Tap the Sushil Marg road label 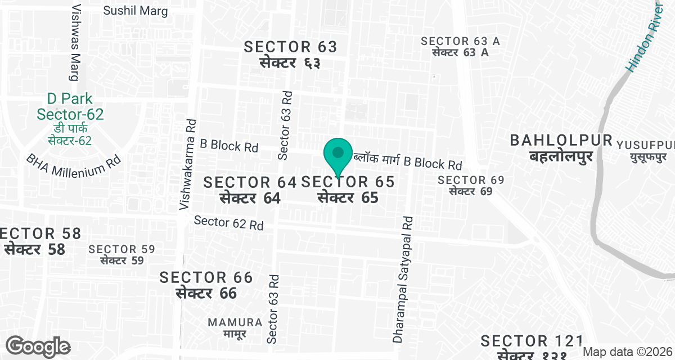pyautogui.click(x=136, y=11)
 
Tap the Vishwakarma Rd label pyautogui.click(x=187, y=164)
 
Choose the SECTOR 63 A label pyautogui.click(x=460, y=47)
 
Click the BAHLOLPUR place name pyautogui.click(x=561, y=148)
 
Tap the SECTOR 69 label pyautogui.click(x=471, y=186)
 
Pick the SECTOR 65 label pyautogui.click(x=348, y=190)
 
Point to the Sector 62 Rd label pyautogui.click(x=229, y=223)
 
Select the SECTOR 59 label pyautogui.click(x=122, y=254)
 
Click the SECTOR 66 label pyautogui.click(x=206, y=285)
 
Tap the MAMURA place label pyautogui.click(x=235, y=327)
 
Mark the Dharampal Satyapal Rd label pyautogui.click(x=403, y=280)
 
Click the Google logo pyautogui.click(x=38, y=346)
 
